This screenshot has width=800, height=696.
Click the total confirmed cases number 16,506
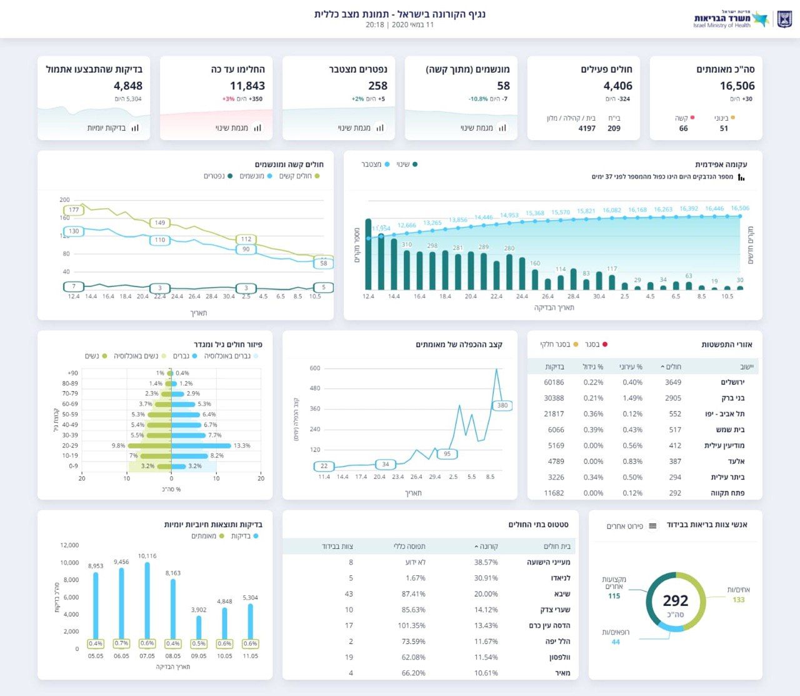pyautogui.click(x=737, y=86)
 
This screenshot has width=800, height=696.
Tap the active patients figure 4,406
pyautogui.click(x=617, y=86)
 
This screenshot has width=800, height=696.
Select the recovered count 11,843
pyautogui.click(x=247, y=86)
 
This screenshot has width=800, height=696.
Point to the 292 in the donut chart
pyautogui.click(x=675, y=601)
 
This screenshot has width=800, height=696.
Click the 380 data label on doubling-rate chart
pyautogui.click(x=502, y=405)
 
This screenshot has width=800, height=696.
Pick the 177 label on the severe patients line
pyautogui.click(x=74, y=210)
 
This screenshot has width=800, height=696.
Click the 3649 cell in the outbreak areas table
pyautogui.click(x=673, y=382)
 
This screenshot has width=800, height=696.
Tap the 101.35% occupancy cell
pyautogui.click(x=411, y=625)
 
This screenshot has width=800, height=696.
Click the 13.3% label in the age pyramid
pyautogui.click(x=242, y=446)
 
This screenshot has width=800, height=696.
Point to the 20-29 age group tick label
pyautogui.click(x=70, y=446)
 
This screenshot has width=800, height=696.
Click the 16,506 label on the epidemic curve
pyautogui.click(x=739, y=208)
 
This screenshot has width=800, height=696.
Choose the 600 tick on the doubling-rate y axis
pyautogui.click(x=315, y=368)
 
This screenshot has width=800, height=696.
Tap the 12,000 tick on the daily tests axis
pyautogui.click(x=69, y=545)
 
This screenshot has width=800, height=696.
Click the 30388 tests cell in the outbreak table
pyautogui.click(x=554, y=398)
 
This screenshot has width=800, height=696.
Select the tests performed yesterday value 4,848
pyautogui.click(x=128, y=86)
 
